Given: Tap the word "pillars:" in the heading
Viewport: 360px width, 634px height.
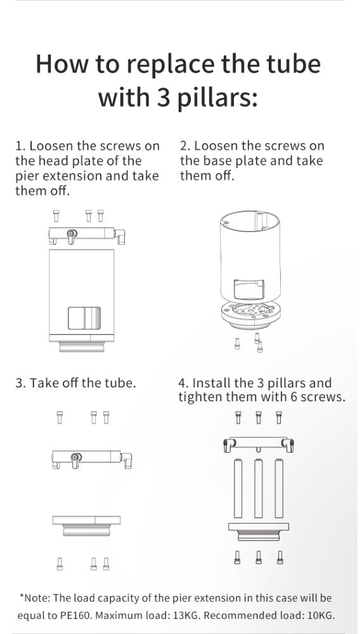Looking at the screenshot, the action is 218,98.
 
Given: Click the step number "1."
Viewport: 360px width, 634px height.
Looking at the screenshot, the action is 21,146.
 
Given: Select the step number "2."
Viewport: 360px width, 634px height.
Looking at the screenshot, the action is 185,146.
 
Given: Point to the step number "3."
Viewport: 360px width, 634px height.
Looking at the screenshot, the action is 21,383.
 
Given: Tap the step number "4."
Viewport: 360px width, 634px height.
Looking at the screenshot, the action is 183,383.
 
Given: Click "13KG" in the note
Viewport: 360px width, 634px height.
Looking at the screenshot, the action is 186,616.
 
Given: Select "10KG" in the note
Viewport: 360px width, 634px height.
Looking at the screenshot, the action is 321,616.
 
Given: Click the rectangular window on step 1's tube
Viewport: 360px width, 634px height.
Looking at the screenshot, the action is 84,318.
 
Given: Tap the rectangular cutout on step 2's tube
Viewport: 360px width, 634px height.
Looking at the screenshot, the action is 249,290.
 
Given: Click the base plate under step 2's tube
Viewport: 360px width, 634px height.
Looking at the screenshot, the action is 250,315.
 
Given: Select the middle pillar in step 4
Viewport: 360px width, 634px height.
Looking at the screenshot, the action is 258,488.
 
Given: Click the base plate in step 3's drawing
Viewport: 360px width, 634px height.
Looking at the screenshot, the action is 86,526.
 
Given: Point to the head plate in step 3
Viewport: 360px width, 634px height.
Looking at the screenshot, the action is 91,459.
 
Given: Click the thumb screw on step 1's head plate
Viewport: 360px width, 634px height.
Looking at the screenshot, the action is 72,236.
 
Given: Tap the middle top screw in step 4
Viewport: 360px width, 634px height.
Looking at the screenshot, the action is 259,417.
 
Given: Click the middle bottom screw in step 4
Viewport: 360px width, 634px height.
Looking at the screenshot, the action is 259,557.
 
